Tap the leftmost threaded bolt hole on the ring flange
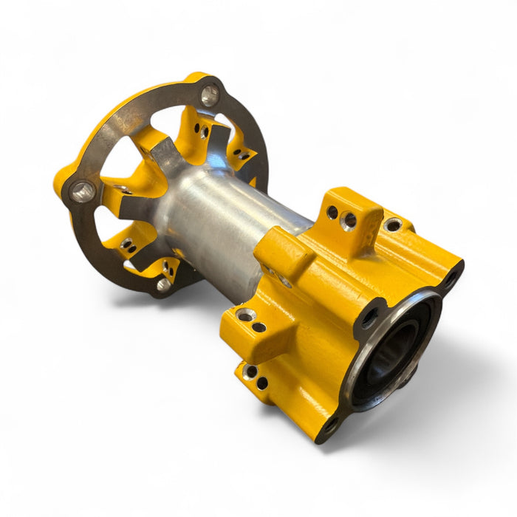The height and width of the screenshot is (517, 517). (82, 191)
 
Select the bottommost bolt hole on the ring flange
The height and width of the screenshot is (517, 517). (164, 283)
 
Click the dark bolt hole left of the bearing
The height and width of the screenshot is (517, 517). (369, 318)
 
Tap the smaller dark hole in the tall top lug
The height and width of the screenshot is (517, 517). (332, 213)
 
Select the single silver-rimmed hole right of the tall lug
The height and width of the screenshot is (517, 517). (393, 224)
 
